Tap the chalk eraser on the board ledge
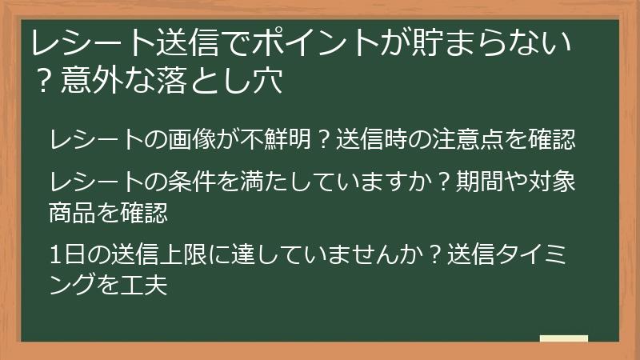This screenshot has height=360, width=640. [563, 338]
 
